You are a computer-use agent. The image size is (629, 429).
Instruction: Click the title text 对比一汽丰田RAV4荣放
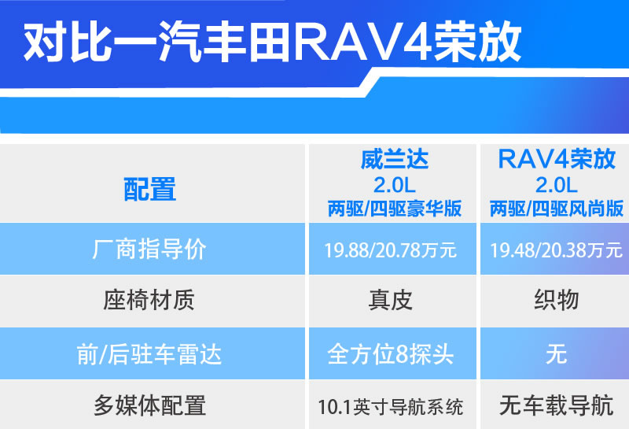[x=272, y=42]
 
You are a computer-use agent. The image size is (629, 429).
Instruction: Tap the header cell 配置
[x=149, y=189]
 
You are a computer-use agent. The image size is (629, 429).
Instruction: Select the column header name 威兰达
[x=395, y=159]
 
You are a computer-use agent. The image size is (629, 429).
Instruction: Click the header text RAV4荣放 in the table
[x=557, y=159]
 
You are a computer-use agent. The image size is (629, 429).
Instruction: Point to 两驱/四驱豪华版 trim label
[x=395, y=209]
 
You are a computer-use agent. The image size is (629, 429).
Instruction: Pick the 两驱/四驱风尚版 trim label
[x=557, y=209]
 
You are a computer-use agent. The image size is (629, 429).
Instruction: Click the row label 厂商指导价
[x=149, y=249]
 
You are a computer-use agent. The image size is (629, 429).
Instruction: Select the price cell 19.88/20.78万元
[x=390, y=250]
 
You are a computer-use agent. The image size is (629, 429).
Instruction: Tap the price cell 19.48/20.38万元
[x=556, y=250]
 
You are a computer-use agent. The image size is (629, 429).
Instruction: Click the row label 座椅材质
[x=149, y=300]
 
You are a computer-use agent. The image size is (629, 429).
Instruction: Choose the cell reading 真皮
[x=390, y=300]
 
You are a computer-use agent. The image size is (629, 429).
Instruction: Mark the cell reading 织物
[x=557, y=300]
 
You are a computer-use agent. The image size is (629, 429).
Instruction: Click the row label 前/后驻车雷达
[x=149, y=355]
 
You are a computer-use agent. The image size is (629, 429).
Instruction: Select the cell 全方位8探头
[x=390, y=355]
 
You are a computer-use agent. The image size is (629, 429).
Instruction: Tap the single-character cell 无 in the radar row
[x=557, y=355]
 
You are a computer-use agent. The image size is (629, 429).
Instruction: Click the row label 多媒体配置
[x=149, y=405]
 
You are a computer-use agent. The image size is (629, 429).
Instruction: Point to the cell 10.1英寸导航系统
[x=390, y=407]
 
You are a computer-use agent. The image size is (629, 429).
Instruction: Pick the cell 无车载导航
[x=557, y=405]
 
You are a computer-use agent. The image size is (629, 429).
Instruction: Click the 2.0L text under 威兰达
[x=395, y=185]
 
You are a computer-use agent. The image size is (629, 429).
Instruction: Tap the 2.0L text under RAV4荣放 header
[x=557, y=185]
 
